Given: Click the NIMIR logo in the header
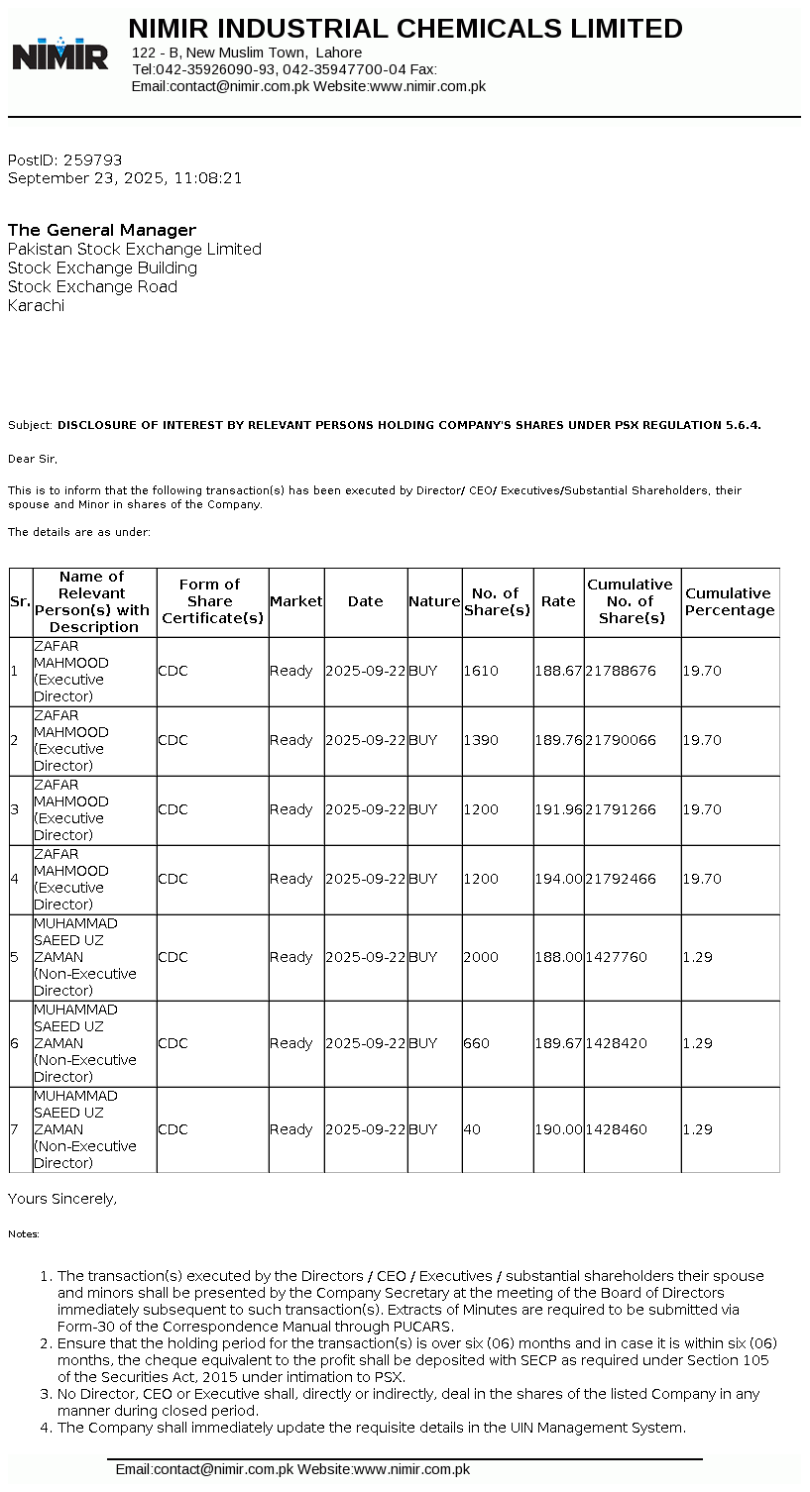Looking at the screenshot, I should (x=60, y=53).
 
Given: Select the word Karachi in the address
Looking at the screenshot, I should (x=37, y=305).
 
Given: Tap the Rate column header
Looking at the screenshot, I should (x=558, y=601).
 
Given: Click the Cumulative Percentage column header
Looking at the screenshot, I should (x=730, y=601).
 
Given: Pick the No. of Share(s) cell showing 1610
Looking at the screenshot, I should (x=481, y=671).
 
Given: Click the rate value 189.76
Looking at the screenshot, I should (x=558, y=740).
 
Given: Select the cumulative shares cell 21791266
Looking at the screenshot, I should (x=621, y=809).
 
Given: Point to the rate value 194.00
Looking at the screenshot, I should (x=558, y=879).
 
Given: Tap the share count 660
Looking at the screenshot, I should (x=477, y=1043).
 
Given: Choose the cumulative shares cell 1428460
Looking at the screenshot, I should (x=617, y=1129).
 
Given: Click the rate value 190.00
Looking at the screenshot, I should (x=558, y=1129).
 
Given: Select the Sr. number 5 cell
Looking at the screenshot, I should (x=15, y=957).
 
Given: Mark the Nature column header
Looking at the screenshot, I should (x=434, y=601).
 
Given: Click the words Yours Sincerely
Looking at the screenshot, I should (x=62, y=1199).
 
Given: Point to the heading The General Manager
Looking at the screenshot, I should (x=102, y=230).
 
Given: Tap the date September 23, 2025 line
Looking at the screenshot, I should (x=125, y=178).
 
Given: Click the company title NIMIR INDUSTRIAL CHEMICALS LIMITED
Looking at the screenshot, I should (x=405, y=29).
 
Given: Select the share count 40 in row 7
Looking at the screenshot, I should (x=472, y=1129).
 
